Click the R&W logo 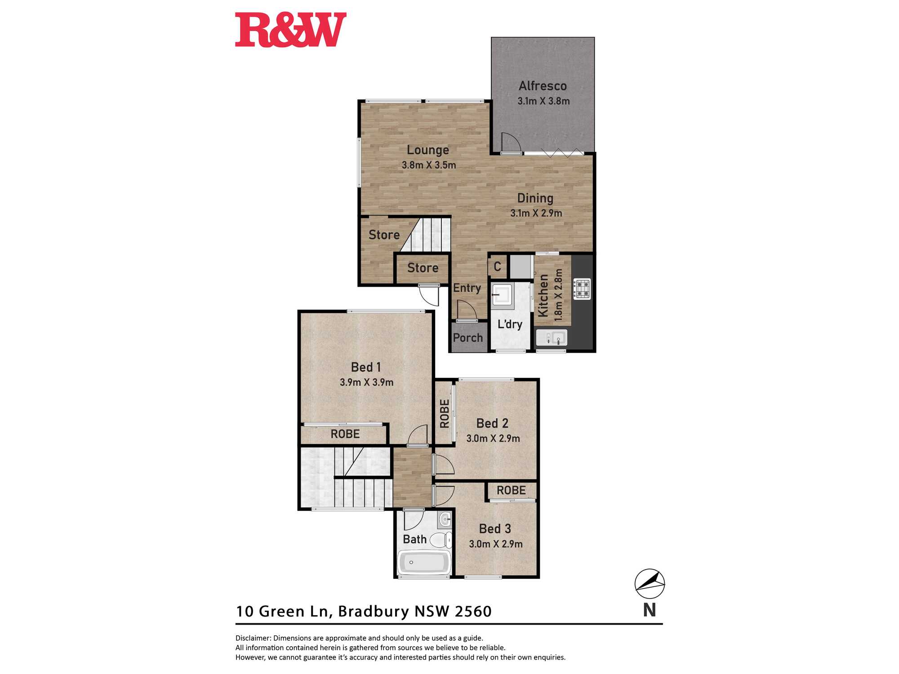click(x=290, y=30)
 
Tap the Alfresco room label click(x=543, y=86)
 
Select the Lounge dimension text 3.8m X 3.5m click(x=429, y=165)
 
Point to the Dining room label click(x=535, y=198)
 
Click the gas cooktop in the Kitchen click(x=582, y=288)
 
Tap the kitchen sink click(x=552, y=337)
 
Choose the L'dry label click(x=510, y=324)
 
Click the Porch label click(x=467, y=337)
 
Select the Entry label click(x=467, y=288)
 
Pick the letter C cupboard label click(x=497, y=266)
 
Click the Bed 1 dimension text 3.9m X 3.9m click(x=366, y=382)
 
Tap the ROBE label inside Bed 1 click(x=345, y=434)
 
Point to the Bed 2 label click(x=492, y=423)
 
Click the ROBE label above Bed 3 click(x=511, y=490)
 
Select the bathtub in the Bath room click(x=424, y=562)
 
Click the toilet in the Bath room click(x=441, y=539)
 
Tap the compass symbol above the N click(x=650, y=584)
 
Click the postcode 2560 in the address click(x=473, y=611)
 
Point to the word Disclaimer click(x=253, y=638)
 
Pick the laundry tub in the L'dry click(x=502, y=294)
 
